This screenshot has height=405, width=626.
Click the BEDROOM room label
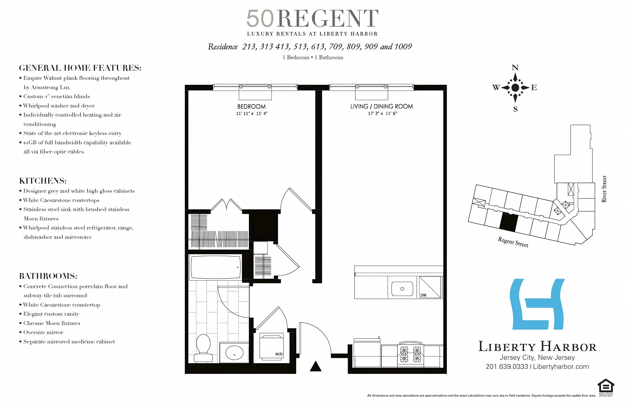251,107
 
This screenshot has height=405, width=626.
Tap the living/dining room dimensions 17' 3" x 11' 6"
382,113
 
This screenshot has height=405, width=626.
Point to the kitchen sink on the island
402,289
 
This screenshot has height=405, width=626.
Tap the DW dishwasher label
423,295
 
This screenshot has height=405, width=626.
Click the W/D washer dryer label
279,354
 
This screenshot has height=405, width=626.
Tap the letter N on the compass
515,67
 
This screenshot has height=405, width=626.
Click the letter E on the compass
534,88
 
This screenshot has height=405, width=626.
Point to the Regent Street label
513,242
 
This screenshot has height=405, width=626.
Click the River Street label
604,189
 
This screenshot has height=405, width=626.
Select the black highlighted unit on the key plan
508,222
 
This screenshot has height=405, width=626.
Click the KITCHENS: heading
43,181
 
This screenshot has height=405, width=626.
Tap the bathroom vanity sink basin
234,352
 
